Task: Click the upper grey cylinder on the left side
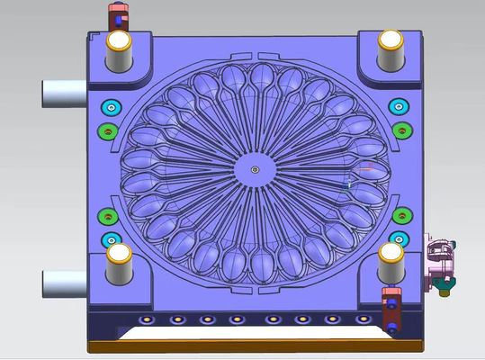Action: [64, 91]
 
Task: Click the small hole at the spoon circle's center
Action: [256, 168]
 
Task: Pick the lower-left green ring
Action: [107, 216]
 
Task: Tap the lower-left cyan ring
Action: [111, 239]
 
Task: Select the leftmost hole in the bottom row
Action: [143, 319]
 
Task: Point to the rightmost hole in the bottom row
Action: [363, 319]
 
